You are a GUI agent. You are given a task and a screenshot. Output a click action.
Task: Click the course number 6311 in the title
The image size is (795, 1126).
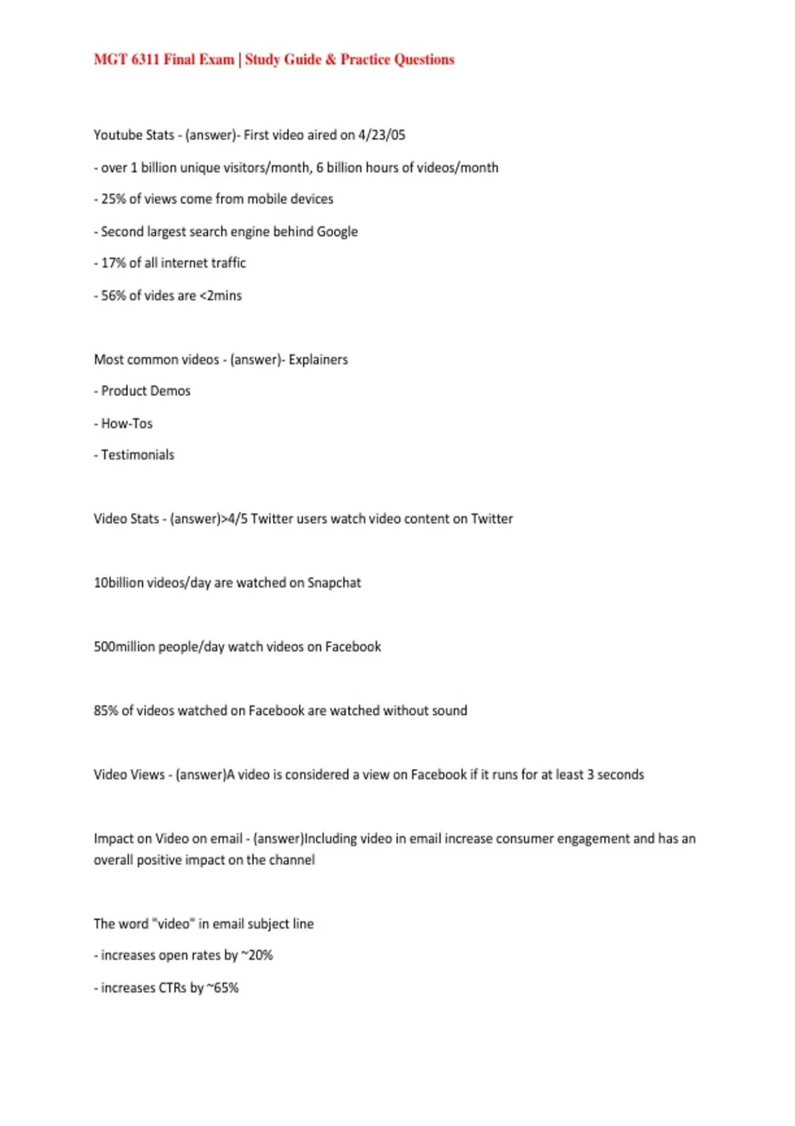pos(145,60)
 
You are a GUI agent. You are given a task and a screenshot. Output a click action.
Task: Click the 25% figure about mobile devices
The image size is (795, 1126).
pos(113,199)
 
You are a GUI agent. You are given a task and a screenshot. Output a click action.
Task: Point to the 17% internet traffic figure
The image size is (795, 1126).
pos(113,263)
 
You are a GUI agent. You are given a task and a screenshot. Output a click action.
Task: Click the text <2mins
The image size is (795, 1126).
pos(221,296)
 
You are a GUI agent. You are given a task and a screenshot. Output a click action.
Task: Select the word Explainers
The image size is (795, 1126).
pos(318,360)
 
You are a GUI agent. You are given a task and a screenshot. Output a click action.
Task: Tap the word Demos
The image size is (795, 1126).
pos(170,391)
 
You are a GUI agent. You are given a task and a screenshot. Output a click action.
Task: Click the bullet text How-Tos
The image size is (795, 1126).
pos(127,424)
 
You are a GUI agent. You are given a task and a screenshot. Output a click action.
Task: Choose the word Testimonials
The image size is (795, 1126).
pos(138,455)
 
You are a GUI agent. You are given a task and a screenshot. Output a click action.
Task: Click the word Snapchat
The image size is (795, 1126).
pos(334,583)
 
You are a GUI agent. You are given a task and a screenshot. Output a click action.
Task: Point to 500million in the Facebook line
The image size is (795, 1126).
pos(125,647)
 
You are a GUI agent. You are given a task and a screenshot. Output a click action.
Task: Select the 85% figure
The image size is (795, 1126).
pos(106,711)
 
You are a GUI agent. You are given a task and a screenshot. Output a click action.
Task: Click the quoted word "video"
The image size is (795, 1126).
pos(173,924)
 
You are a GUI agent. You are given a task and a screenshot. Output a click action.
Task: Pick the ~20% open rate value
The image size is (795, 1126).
pos(257,956)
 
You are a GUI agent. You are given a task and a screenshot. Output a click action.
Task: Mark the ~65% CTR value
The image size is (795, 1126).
pos(223,988)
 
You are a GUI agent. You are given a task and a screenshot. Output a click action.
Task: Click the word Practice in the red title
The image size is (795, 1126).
pos(365,60)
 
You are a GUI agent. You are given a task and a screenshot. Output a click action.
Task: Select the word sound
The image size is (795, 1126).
pos(449,711)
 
